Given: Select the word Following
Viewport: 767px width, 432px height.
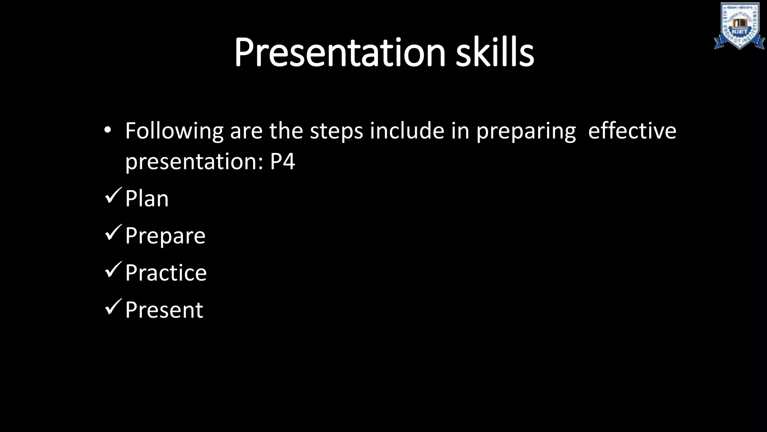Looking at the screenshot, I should click(174, 132).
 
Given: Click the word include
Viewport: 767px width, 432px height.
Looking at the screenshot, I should click(407, 131).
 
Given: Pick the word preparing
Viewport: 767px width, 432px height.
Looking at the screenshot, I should click(526, 132).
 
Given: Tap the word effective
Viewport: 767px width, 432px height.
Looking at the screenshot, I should click(632, 131).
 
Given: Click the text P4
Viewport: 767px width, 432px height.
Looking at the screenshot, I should click(282, 162).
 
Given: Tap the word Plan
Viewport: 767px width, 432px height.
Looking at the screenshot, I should click(147, 198).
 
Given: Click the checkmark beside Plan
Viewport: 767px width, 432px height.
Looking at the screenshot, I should click(113, 196).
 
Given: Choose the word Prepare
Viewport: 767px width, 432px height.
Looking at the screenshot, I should click(165, 236).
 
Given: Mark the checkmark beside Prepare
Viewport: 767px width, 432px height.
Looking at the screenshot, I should click(113, 232).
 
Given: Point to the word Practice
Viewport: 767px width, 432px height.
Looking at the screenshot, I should click(166, 273).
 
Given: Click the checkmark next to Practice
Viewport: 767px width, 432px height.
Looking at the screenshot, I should click(113, 270).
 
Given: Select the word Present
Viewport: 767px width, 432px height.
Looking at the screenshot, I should click(164, 310).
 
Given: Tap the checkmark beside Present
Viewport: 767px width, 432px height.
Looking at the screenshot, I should click(113, 307).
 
